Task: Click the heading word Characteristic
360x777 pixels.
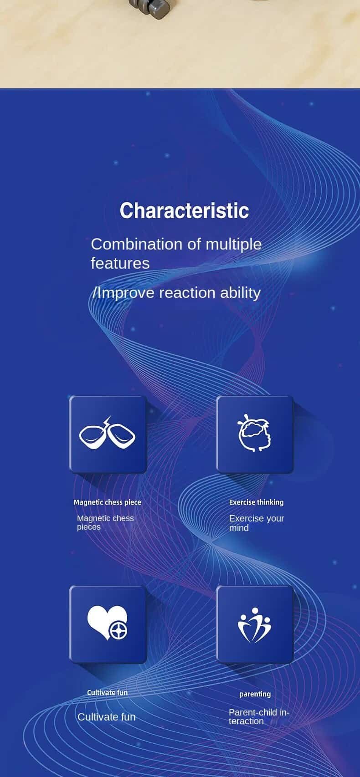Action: (x=185, y=210)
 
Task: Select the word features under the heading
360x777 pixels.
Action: (x=120, y=263)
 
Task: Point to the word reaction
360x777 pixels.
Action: (x=187, y=293)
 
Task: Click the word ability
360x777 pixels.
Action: (x=241, y=293)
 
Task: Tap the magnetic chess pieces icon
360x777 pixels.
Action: (x=107, y=434)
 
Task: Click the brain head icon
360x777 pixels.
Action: (x=254, y=433)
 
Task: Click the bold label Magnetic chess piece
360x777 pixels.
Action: (x=107, y=502)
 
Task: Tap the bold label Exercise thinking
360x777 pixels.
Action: (x=256, y=502)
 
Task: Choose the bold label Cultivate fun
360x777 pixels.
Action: (x=107, y=692)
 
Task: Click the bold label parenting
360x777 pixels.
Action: (x=255, y=694)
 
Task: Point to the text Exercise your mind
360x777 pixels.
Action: (x=257, y=523)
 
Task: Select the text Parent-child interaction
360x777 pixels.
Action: (x=259, y=716)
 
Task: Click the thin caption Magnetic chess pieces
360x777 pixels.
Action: (x=105, y=522)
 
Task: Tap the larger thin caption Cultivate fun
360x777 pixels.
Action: (x=106, y=717)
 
